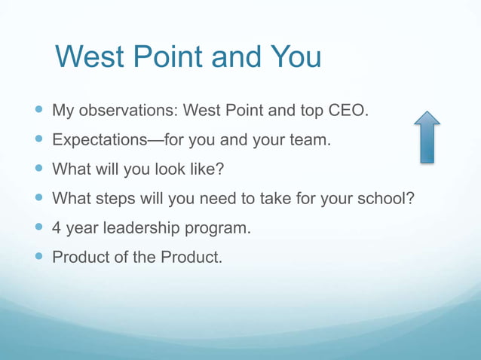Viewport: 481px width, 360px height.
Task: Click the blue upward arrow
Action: click(427, 137)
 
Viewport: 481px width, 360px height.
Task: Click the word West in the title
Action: click(89, 58)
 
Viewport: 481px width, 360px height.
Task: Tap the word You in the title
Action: click(296, 58)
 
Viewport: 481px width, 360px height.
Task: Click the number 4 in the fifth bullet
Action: click(57, 227)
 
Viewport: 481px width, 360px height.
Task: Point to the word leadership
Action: click(144, 227)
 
